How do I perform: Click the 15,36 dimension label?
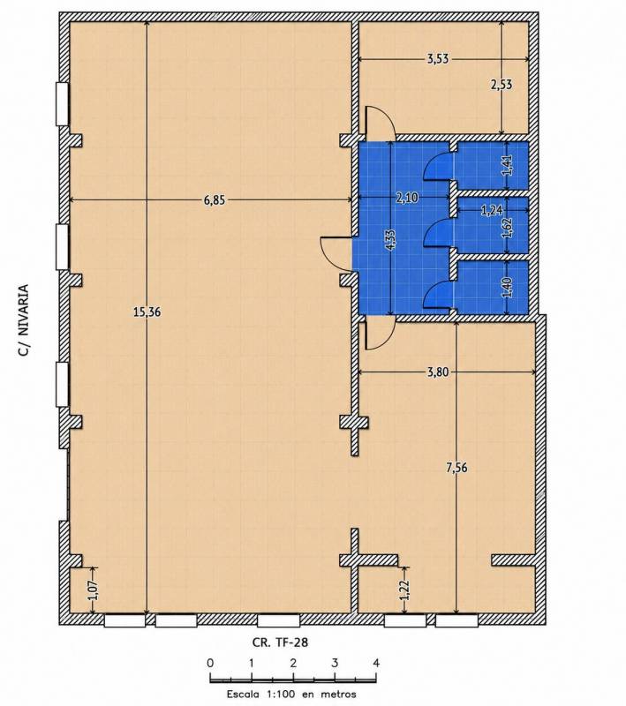pos(147,312)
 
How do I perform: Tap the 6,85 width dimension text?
pos(215,200)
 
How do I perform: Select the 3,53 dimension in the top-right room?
pos(438,59)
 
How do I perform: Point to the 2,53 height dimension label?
pos(502,84)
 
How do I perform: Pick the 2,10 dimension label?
pos(407,198)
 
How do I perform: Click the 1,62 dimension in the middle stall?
pos(508,228)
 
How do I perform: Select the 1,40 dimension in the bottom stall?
pos(507,288)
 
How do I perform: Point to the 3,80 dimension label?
pos(438,372)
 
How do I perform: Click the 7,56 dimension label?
pos(456,468)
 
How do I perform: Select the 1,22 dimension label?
pos(404,590)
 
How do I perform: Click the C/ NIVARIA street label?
pos(23,320)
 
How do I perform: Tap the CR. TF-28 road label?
pos(280,642)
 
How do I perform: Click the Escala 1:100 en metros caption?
pos(291,694)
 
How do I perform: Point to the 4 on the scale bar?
pos(376,663)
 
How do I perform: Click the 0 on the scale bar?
pos(210,663)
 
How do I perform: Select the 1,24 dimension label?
pos(492,210)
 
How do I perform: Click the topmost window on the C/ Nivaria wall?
pos(62,103)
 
